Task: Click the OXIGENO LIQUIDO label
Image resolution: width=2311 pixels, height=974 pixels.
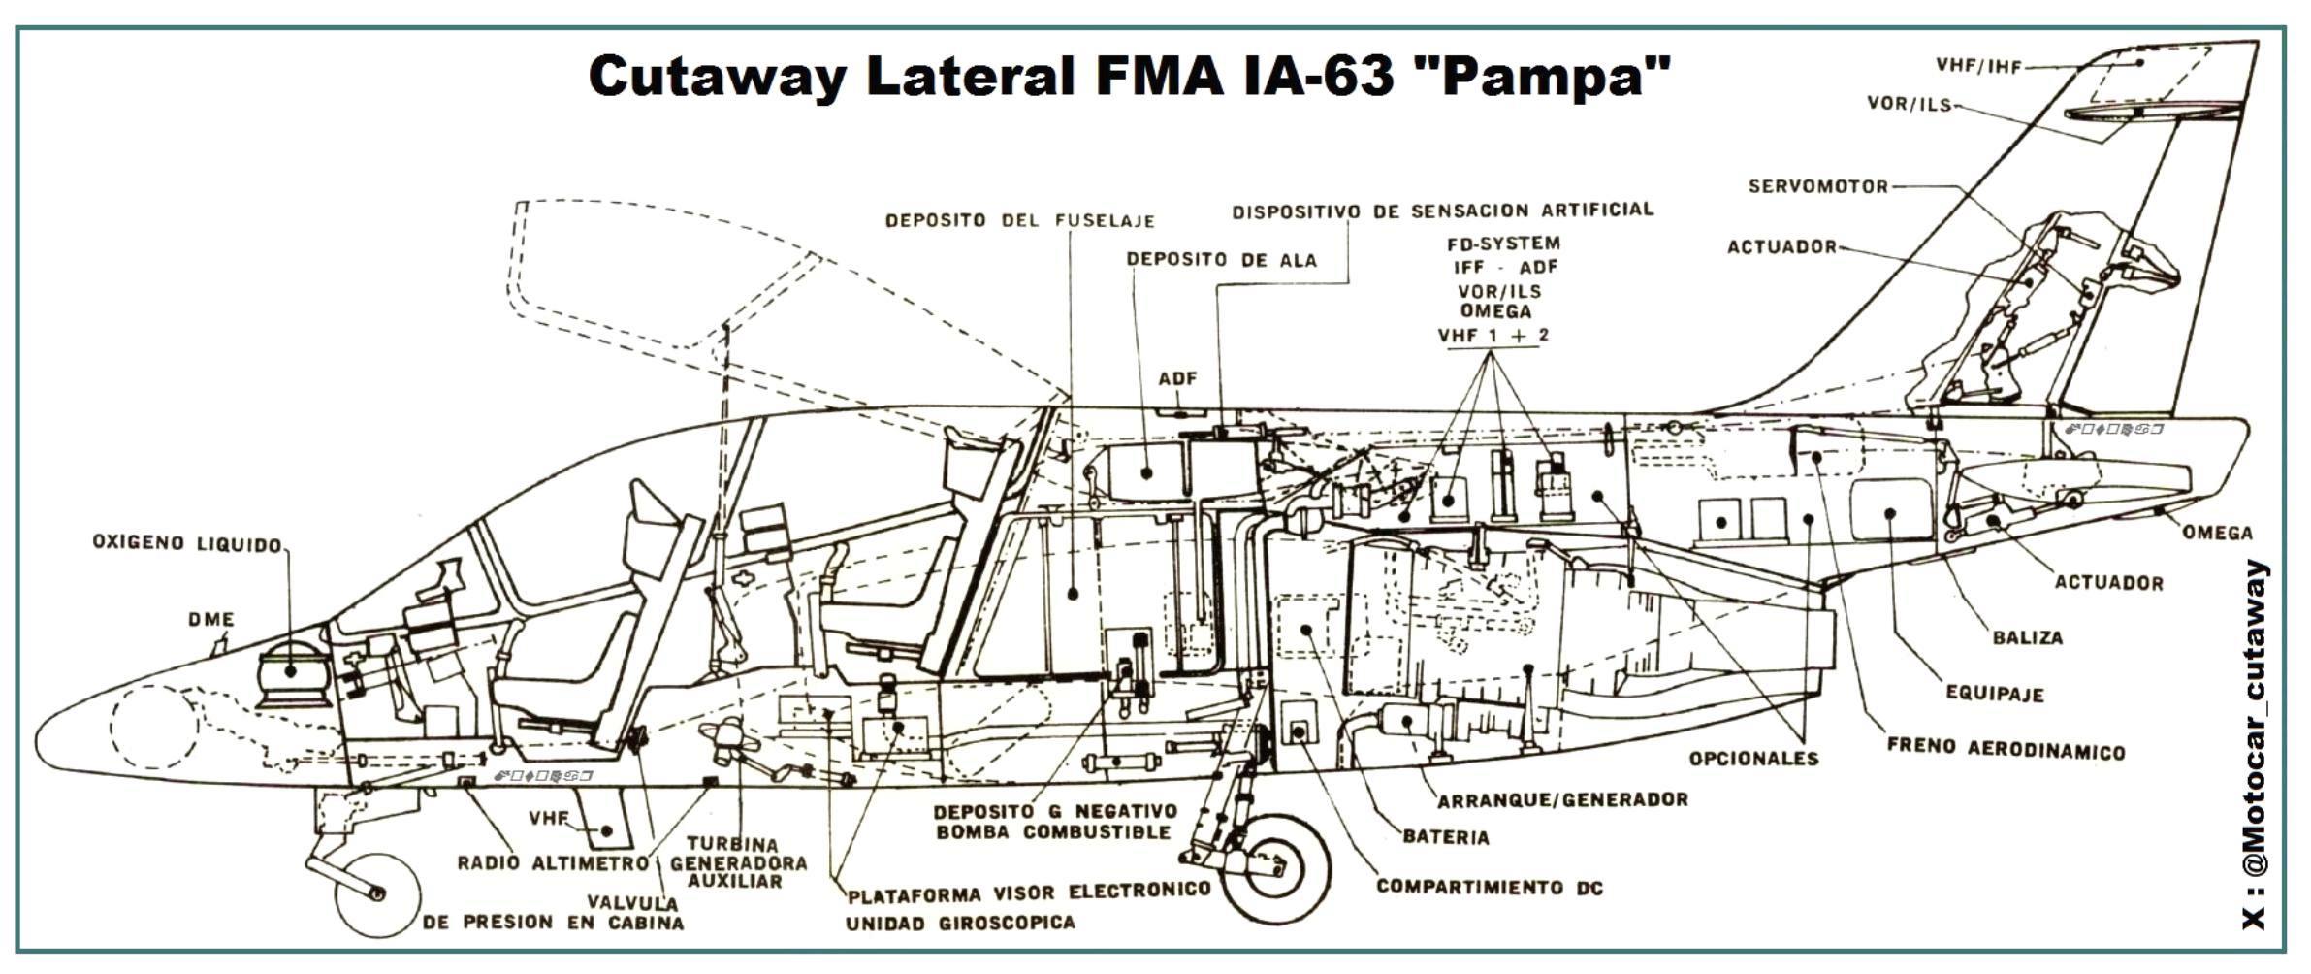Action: (x=186, y=543)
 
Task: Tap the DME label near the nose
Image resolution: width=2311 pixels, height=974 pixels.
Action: (x=211, y=619)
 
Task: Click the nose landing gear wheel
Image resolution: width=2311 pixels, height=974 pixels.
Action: (x=376, y=894)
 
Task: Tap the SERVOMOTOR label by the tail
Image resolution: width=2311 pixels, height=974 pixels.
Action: (x=1817, y=186)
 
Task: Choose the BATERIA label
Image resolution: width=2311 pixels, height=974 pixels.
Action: (x=1445, y=837)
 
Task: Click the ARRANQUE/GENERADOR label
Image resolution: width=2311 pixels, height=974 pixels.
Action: (x=1562, y=800)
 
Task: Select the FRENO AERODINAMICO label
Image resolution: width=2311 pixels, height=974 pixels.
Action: (x=2005, y=750)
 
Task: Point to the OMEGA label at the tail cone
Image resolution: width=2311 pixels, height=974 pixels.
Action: (x=2217, y=533)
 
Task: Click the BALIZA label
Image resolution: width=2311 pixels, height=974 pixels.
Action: (x=2027, y=638)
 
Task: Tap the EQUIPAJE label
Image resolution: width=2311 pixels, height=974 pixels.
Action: (x=1995, y=694)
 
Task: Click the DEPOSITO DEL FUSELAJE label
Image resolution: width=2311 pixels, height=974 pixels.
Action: (x=1019, y=221)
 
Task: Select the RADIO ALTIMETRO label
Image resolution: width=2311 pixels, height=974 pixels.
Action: (x=553, y=862)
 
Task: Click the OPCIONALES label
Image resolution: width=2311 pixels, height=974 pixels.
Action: (x=1753, y=759)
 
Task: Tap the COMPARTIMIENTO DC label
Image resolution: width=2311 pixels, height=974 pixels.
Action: (x=1489, y=887)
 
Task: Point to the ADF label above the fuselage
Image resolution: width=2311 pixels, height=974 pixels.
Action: (x=1177, y=378)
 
